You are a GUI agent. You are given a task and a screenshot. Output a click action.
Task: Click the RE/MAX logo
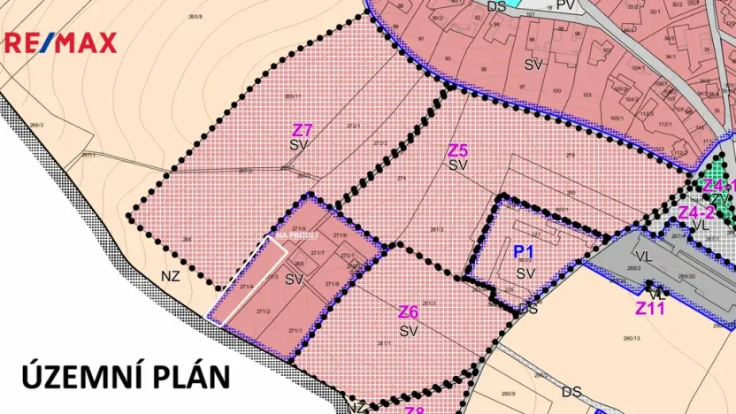click(61, 42)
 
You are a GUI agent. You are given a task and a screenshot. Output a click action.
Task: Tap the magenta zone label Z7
click(303, 130)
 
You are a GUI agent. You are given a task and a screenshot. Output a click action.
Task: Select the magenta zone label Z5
click(457, 150)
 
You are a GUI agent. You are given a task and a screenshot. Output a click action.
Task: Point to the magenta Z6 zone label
click(408, 312)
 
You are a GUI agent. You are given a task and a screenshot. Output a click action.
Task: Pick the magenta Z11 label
click(650, 309)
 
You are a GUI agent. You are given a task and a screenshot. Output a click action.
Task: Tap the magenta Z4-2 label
click(695, 212)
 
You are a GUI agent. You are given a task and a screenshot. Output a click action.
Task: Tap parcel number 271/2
click(263, 311)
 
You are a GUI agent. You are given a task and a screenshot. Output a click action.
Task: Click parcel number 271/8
click(333, 284)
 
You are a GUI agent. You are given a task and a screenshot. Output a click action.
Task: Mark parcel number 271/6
click(341, 235)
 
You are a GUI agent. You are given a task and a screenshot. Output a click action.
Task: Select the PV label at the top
click(566, 5)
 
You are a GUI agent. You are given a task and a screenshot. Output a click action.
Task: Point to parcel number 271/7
click(318, 254)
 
